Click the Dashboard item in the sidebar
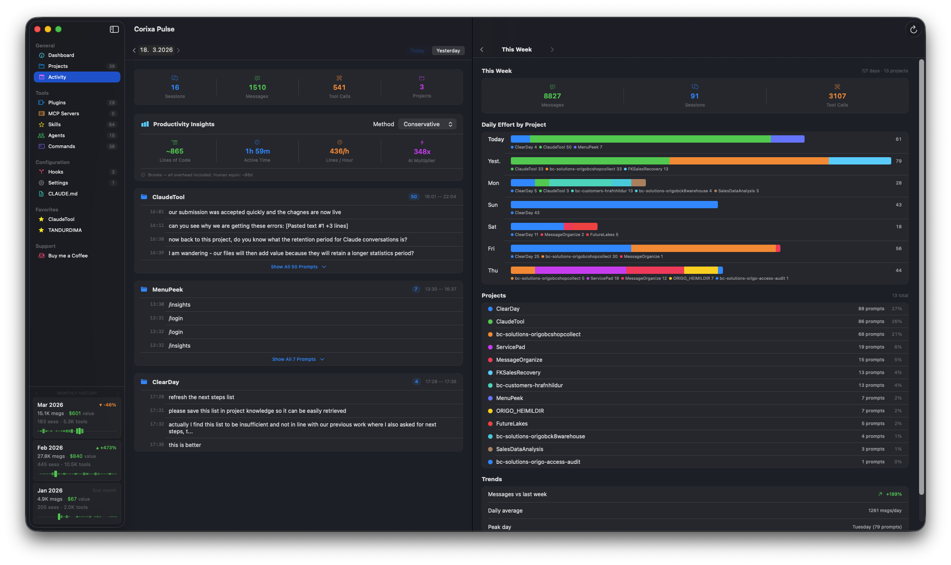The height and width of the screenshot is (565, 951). tap(61, 55)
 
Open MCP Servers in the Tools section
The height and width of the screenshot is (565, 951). tap(63, 113)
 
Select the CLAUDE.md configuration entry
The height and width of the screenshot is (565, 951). tap(62, 194)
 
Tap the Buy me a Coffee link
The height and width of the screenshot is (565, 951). tap(68, 256)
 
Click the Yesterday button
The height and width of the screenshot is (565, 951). tap(448, 51)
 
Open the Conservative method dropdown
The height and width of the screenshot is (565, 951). tap(427, 124)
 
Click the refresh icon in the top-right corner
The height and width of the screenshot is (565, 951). tap(913, 30)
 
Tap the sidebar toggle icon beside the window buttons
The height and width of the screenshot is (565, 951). tap(114, 29)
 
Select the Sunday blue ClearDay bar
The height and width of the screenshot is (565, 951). tap(614, 205)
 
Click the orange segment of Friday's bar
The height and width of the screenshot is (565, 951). tap(703, 248)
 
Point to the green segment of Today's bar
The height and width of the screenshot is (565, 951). tap(650, 139)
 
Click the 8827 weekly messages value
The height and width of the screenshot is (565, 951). tap(552, 96)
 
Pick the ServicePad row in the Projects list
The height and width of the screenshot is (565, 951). tap(510, 347)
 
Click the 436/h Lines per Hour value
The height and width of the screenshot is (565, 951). tap(339, 151)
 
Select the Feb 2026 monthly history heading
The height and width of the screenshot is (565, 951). tap(50, 447)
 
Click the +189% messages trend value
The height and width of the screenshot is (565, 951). tap(894, 494)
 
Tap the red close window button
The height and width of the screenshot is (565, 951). tap(37, 29)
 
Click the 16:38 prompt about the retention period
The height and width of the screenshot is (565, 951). tap(287, 239)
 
